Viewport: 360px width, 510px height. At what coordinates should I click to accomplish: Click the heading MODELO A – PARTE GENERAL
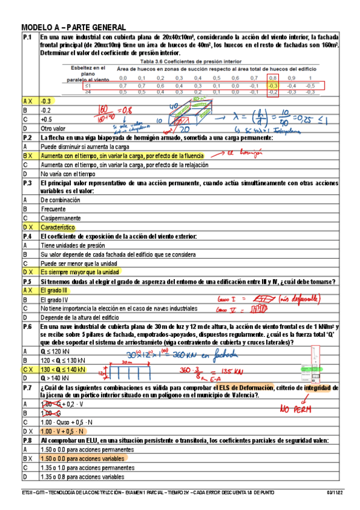pos(73,28)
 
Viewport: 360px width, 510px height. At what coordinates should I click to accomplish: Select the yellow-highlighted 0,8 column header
pos(272,78)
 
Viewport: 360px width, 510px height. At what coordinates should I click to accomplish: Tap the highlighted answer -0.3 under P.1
pos(46,102)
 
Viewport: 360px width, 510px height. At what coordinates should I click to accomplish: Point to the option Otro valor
pos(53,129)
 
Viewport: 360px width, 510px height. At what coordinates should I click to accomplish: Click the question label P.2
pos(27,138)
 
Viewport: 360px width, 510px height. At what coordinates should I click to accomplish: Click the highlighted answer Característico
pos(58,228)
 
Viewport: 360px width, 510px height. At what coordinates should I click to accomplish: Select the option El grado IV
pos(54,299)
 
